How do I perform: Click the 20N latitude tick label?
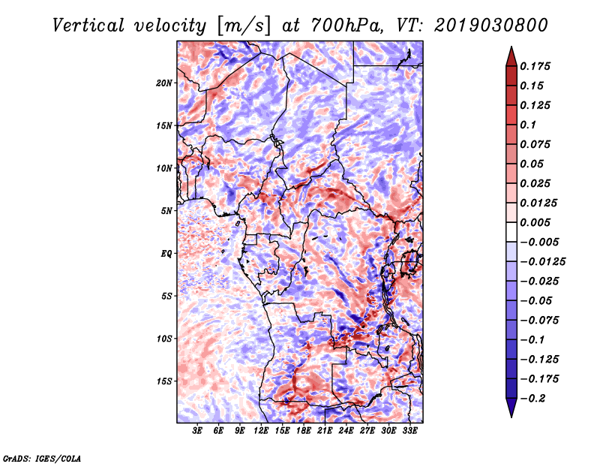tap(164, 83)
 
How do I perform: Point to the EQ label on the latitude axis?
tap(166, 253)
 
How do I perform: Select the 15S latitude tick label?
tap(164, 381)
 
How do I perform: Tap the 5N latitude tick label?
tap(166, 211)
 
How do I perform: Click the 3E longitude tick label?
tap(196, 430)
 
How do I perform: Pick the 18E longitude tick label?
tap(303, 430)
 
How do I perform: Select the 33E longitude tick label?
tap(409, 430)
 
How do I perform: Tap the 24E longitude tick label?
tap(346, 430)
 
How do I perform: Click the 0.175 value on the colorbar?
tap(535, 66)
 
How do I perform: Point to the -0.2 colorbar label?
tap(532, 398)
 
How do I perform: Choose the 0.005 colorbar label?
tap(535, 222)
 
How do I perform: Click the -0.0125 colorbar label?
tap(542, 261)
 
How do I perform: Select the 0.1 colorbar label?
tap(528, 125)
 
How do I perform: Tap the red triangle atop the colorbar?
tap(511, 56)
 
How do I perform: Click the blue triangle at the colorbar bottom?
tap(511, 408)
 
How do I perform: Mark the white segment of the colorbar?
tap(511, 232)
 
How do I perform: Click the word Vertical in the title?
tap(88, 26)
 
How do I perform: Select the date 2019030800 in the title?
tap(491, 26)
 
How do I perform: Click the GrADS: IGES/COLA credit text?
tap(42, 458)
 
